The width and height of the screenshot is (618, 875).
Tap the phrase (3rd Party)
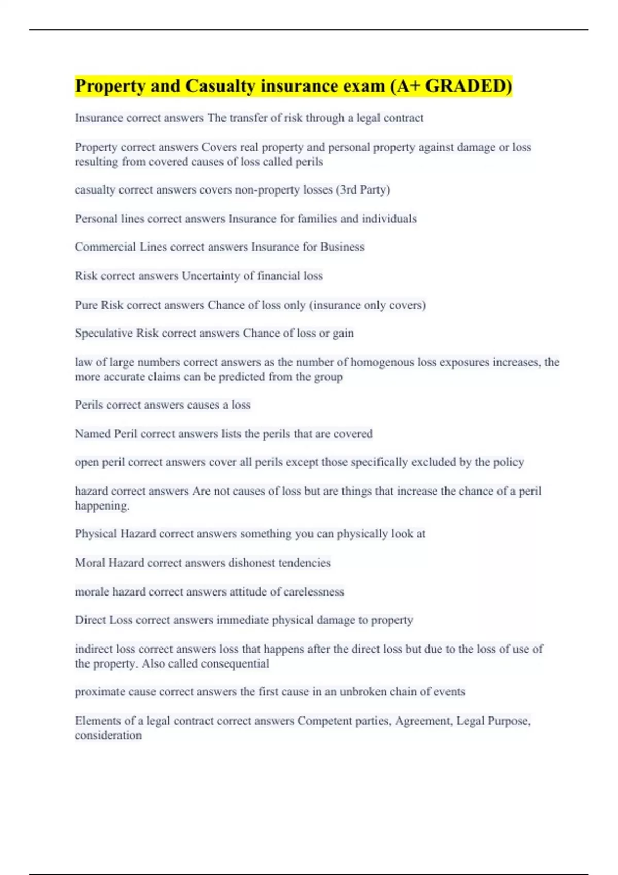(x=363, y=190)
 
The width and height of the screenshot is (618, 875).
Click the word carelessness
(x=314, y=592)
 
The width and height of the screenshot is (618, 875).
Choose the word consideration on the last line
(x=108, y=736)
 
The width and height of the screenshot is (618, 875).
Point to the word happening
(x=101, y=506)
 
